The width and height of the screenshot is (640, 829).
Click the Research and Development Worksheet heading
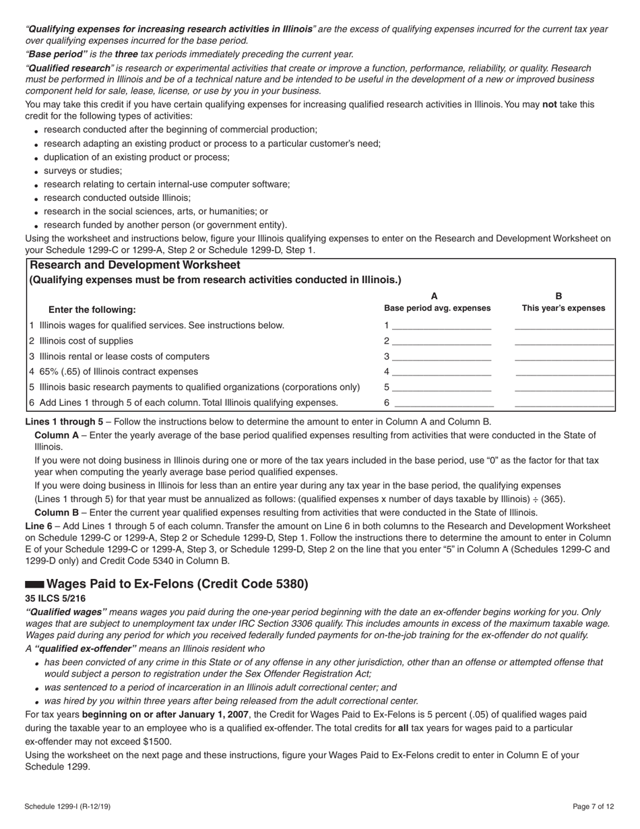click(x=135, y=266)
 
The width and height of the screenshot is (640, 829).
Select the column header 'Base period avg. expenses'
click(x=437, y=308)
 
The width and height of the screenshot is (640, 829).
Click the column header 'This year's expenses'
click(x=563, y=308)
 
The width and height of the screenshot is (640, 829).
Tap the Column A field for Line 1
click(x=441, y=325)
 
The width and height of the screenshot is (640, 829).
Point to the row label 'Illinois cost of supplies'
click(x=86, y=341)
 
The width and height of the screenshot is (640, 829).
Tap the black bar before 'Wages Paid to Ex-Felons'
click(x=34, y=584)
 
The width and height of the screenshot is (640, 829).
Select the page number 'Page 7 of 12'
click(x=594, y=806)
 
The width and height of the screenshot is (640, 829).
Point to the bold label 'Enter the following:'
click(x=92, y=310)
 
